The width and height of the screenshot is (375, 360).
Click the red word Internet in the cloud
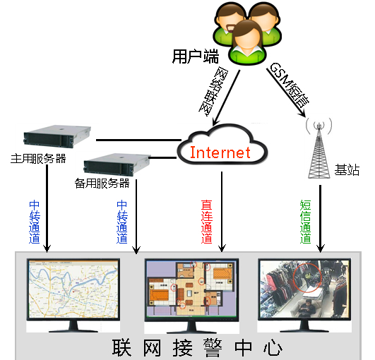pyautogui.click(x=220, y=152)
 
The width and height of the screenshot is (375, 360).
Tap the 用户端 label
pyautogui.click(x=196, y=56)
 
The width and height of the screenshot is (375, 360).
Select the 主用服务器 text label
pyautogui.click(x=38, y=159)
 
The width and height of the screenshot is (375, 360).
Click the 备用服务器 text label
pyautogui.click(x=102, y=184)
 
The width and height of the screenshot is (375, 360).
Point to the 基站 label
pyautogui.click(x=347, y=169)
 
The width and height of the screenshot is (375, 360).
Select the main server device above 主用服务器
pyautogui.click(x=57, y=137)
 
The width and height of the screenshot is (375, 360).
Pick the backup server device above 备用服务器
pyautogui.click(x=117, y=164)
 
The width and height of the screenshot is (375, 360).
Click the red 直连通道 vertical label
pyautogui.click(x=207, y=222)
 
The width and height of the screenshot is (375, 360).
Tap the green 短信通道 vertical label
pyautogui.click(x=305, y=222)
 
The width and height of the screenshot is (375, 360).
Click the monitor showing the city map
pyautogui.click(x=73, y=295)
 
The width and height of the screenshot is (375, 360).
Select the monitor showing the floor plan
pyautogui.click(x=191, y=296)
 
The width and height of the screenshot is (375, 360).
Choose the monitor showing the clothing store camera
pyautogui.click(x=304, y=295)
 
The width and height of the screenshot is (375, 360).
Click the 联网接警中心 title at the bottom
pyautogui.click(x=197, y=347)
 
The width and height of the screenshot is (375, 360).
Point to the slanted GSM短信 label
pyautogui.click(x=289, y=85)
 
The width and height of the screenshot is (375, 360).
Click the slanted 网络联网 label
pyautogui.click(x=213, y=92)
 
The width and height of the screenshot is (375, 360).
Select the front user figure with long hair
pyautogui.click(x=247, y=42)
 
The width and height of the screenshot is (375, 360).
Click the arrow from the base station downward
pyautogui.click(x=320, y=219)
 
